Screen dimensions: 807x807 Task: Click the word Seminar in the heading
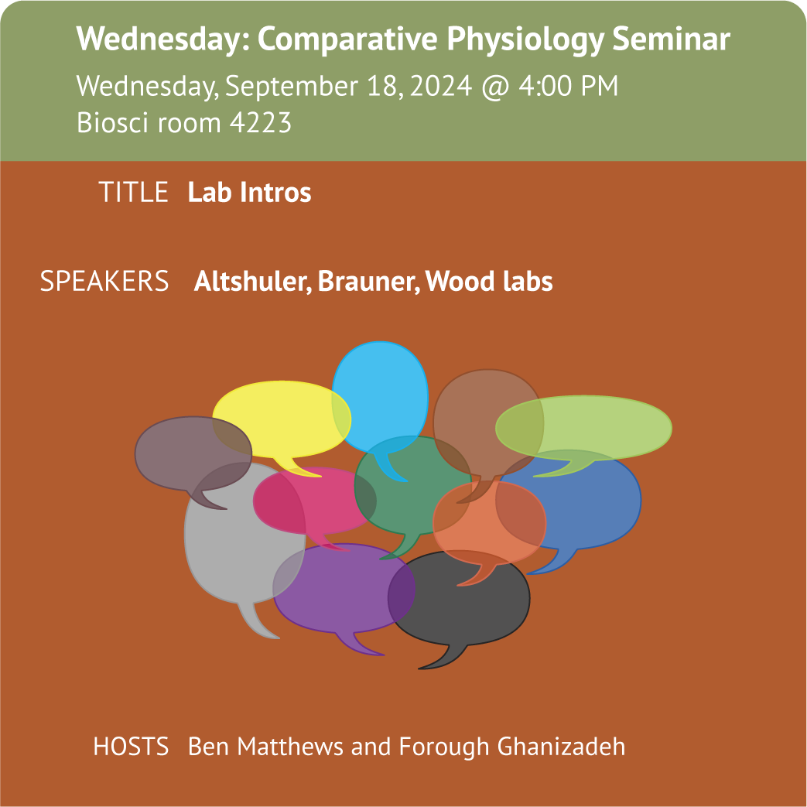pyautogui.click(x=671, y=39)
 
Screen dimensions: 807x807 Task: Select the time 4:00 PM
pyautogui.click(x=568, y=85)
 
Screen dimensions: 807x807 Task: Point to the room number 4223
pyautogui.click(x=261, y=122)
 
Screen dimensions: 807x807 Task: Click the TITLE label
pyautogui.click(x=133, y=192)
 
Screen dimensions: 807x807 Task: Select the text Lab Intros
pyautogui.click(x=250, y=192)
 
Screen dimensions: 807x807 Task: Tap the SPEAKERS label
pyautogui.click(x=104, y=281)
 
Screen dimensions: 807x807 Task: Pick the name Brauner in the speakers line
pyautogui.click(x=368, y=282)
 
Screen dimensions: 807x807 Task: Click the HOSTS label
pyautogui.click(x=131, y=747)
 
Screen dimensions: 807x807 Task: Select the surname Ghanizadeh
pyautogui.click(x=561, y=747)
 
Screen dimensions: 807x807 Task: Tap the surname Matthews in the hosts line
pyautogui.click(x=289, y=747)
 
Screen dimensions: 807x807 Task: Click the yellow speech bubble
pyautogui.click(x=282, y=419)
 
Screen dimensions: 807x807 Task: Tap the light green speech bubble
pyautogui.click(x=583, y=427)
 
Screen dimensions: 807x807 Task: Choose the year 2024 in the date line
pyautogui.click(x=441, y=85)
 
